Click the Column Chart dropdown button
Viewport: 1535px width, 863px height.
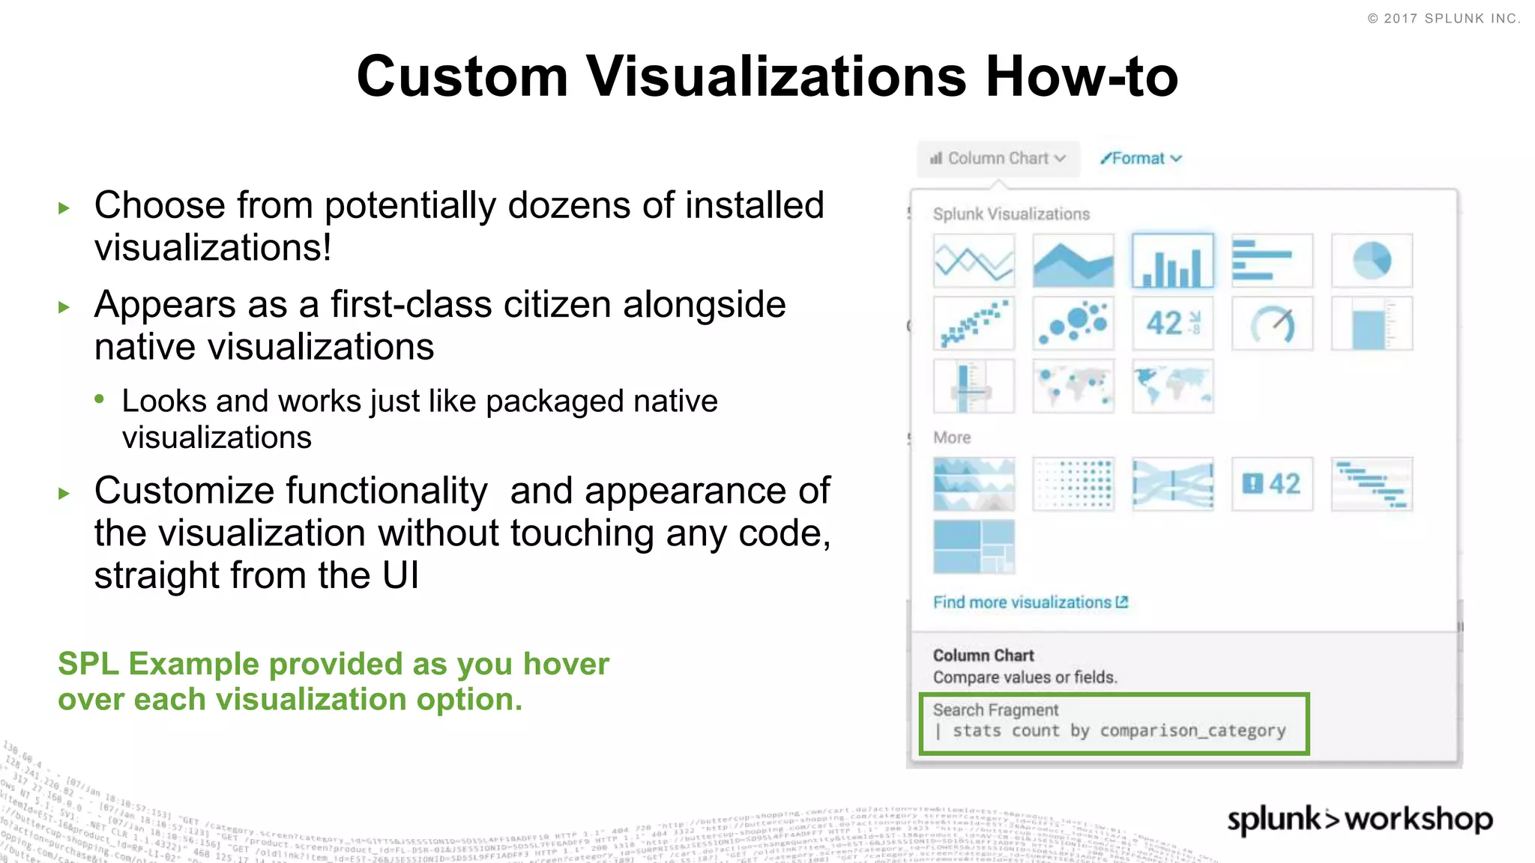pos(998,159)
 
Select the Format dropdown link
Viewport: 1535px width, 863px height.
pos(1141,159)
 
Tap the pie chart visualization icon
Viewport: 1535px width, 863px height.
pos(1372,261)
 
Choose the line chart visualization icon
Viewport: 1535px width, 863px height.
pos(974,261)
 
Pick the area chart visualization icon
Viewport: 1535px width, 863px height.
pos(1073,261)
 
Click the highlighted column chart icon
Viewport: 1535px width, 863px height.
pos(1172,261)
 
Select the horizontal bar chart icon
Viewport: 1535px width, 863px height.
pos(1272,261)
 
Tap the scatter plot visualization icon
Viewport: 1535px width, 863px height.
pos(974,324)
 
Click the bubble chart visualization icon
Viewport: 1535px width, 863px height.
pos(1073,324)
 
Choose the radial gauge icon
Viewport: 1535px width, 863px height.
pos(1272,324)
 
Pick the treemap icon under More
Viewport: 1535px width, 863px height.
pos(974,547)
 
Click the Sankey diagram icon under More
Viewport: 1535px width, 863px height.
pos(1172,484)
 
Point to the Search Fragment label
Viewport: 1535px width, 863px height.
pos(995,709)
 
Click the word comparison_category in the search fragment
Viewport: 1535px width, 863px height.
pos(1192,730)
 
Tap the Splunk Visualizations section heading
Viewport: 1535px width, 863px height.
pos(1011,214)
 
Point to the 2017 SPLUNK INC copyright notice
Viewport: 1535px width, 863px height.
pos(1444,19)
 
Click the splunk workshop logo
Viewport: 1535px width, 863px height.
pos(1360,820)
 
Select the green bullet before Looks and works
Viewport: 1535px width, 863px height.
pos(99,399)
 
